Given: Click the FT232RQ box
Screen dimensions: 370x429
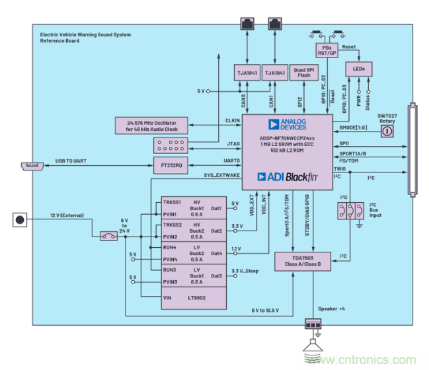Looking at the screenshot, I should click(171, 165).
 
